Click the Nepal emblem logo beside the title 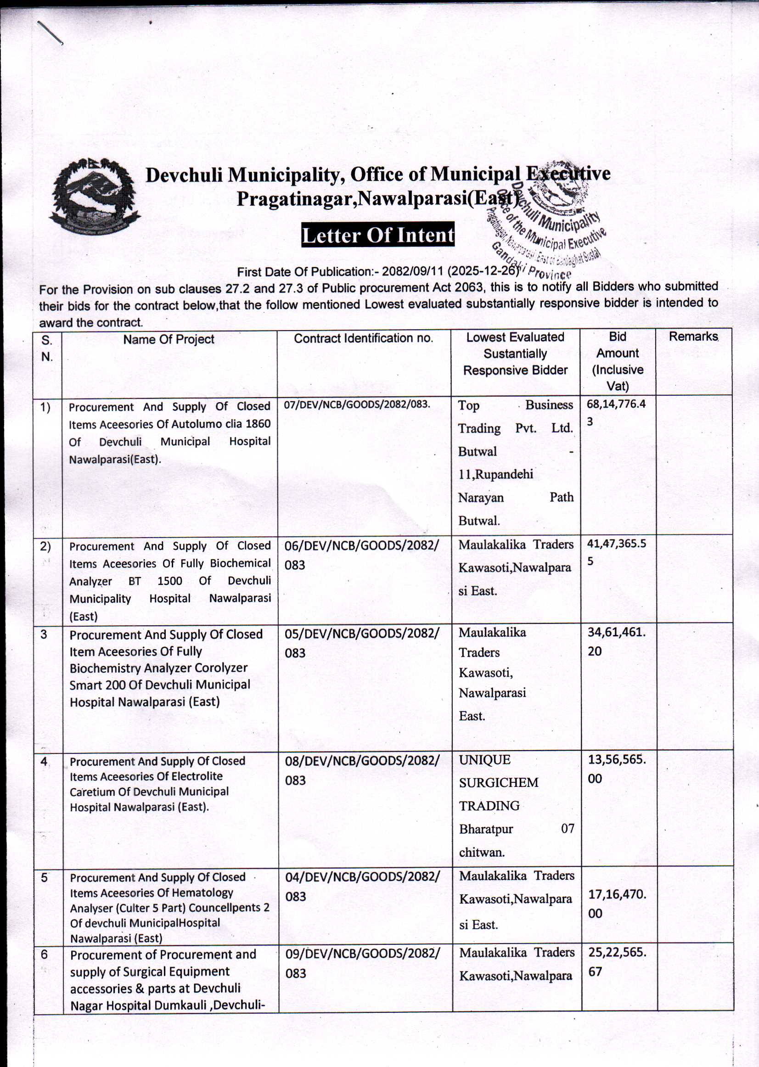[x=95, y=197]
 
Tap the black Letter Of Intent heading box [x=377, y=235]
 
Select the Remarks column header [x=693, y=337]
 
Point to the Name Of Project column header [x=169, y=339]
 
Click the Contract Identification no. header [x=364, y=338]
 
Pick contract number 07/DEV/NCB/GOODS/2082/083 [x=357, y=404]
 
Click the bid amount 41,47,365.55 [x=617, y=552]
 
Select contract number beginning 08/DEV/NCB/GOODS [x=362, y=769]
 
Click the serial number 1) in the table [x=45, y=408]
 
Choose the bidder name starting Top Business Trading [x=515, y=416]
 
